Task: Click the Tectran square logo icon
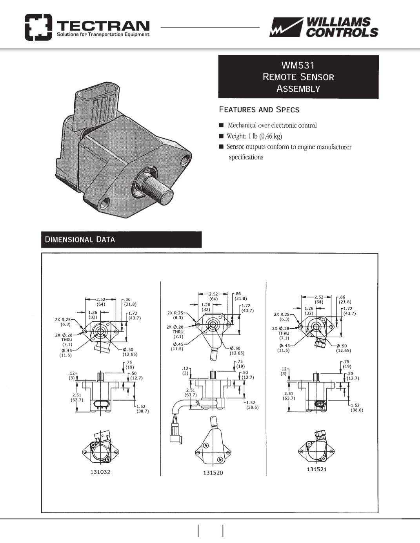tap(38, 27)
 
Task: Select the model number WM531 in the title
tap(298, 65)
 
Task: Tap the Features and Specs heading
tap(259, 109)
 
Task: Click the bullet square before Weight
tap(221, 136)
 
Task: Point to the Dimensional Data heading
tap(80, 239)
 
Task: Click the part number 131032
tap(100, 472)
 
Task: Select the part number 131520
tap(213, 472)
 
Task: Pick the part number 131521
tap(317, 469)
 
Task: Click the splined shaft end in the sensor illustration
tap(167, 197)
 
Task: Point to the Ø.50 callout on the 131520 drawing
tap(237, 351)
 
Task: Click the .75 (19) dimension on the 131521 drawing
tap(346, 364)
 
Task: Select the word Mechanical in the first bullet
tap(242, 125)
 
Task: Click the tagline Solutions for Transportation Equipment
tap(103, 34)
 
